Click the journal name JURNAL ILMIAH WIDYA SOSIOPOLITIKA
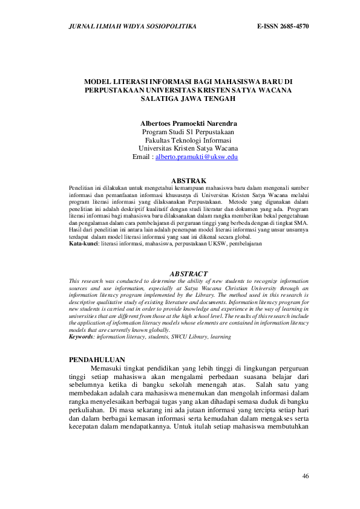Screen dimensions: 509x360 [x=126, y=27]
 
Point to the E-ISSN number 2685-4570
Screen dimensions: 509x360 [x=283, y=27]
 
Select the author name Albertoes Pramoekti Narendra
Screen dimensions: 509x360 [x=188, y=123]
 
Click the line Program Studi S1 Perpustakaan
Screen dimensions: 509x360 [x=188, y=131]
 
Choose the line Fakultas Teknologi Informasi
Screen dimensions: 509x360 [x=188, y=140]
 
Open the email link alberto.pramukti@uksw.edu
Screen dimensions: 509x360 [x=197, y=157]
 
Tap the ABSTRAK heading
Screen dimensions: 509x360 [x=189, y=181]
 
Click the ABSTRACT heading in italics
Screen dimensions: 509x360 [x=189, y=274]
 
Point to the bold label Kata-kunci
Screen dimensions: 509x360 [x=83, y=244]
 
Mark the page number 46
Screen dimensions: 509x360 [x=306, y=476]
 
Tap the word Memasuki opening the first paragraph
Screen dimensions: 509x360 [x=106, y=368]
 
